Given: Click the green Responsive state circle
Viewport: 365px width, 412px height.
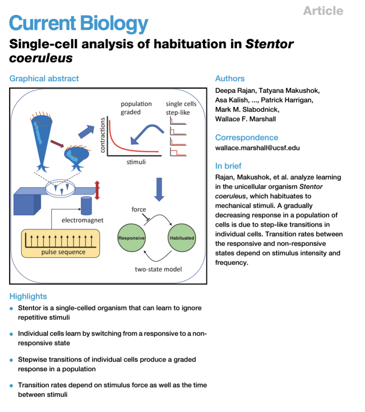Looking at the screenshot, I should [x=131, y=238].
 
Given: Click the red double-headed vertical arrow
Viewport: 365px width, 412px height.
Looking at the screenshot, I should [x=97, y=189].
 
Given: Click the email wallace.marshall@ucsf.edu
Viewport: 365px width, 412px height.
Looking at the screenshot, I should [x=257, y=148].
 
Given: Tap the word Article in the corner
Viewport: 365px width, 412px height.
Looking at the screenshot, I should [x=323, y=11].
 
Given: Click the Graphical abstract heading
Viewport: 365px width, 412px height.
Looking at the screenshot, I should [x=44, y=78].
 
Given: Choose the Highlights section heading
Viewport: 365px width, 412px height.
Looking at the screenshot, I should [x=28, y=296].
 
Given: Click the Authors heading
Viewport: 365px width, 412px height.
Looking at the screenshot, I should [x=230, y=78].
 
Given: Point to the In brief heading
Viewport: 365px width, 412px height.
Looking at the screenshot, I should [x=228, y=166].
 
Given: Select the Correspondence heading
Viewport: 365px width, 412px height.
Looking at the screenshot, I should [x=247, y=137].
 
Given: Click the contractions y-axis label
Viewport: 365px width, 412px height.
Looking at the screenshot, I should [x=103, y=134].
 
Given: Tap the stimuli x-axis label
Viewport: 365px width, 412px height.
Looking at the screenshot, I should [x=136, y=162].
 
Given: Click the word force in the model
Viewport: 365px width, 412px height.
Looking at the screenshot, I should [x=139, y=209].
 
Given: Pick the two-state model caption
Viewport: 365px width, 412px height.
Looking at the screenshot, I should [x=158, y=270].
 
